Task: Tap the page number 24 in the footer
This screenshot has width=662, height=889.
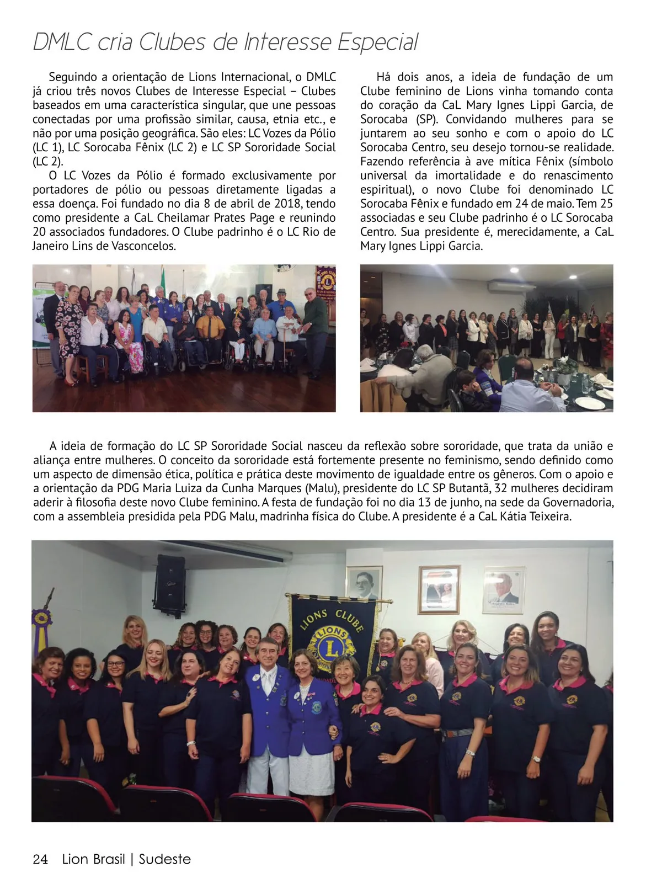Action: click(x=40, y=859)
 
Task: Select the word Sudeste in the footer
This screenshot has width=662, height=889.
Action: click(x=165, y=859)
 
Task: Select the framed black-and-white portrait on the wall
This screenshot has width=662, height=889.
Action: click(x=364, y=587)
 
